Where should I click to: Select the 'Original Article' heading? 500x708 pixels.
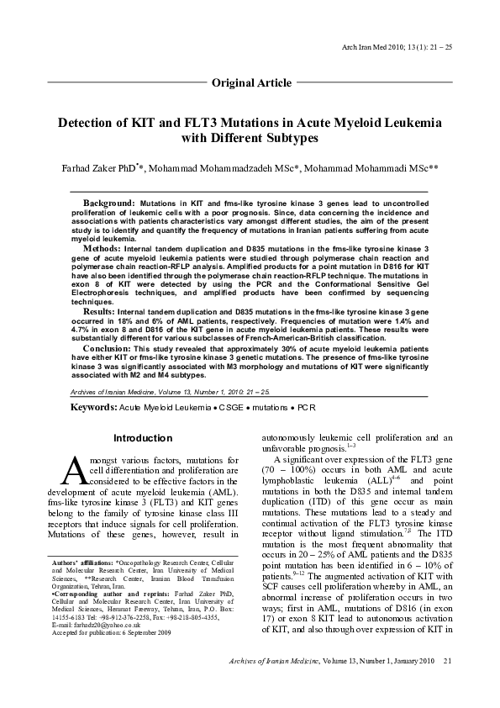(x=251, y=82)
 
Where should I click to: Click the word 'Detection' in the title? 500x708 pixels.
(x=87, y=123)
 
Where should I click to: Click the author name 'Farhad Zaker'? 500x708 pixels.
(x=91, y=168)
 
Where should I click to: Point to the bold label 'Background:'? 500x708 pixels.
(x=108, y=204)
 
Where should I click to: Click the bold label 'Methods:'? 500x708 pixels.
(x=102, y=250)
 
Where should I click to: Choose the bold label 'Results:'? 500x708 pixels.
(x=99, y=311)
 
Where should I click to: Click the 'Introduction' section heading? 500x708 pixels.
(x=143, y=438)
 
